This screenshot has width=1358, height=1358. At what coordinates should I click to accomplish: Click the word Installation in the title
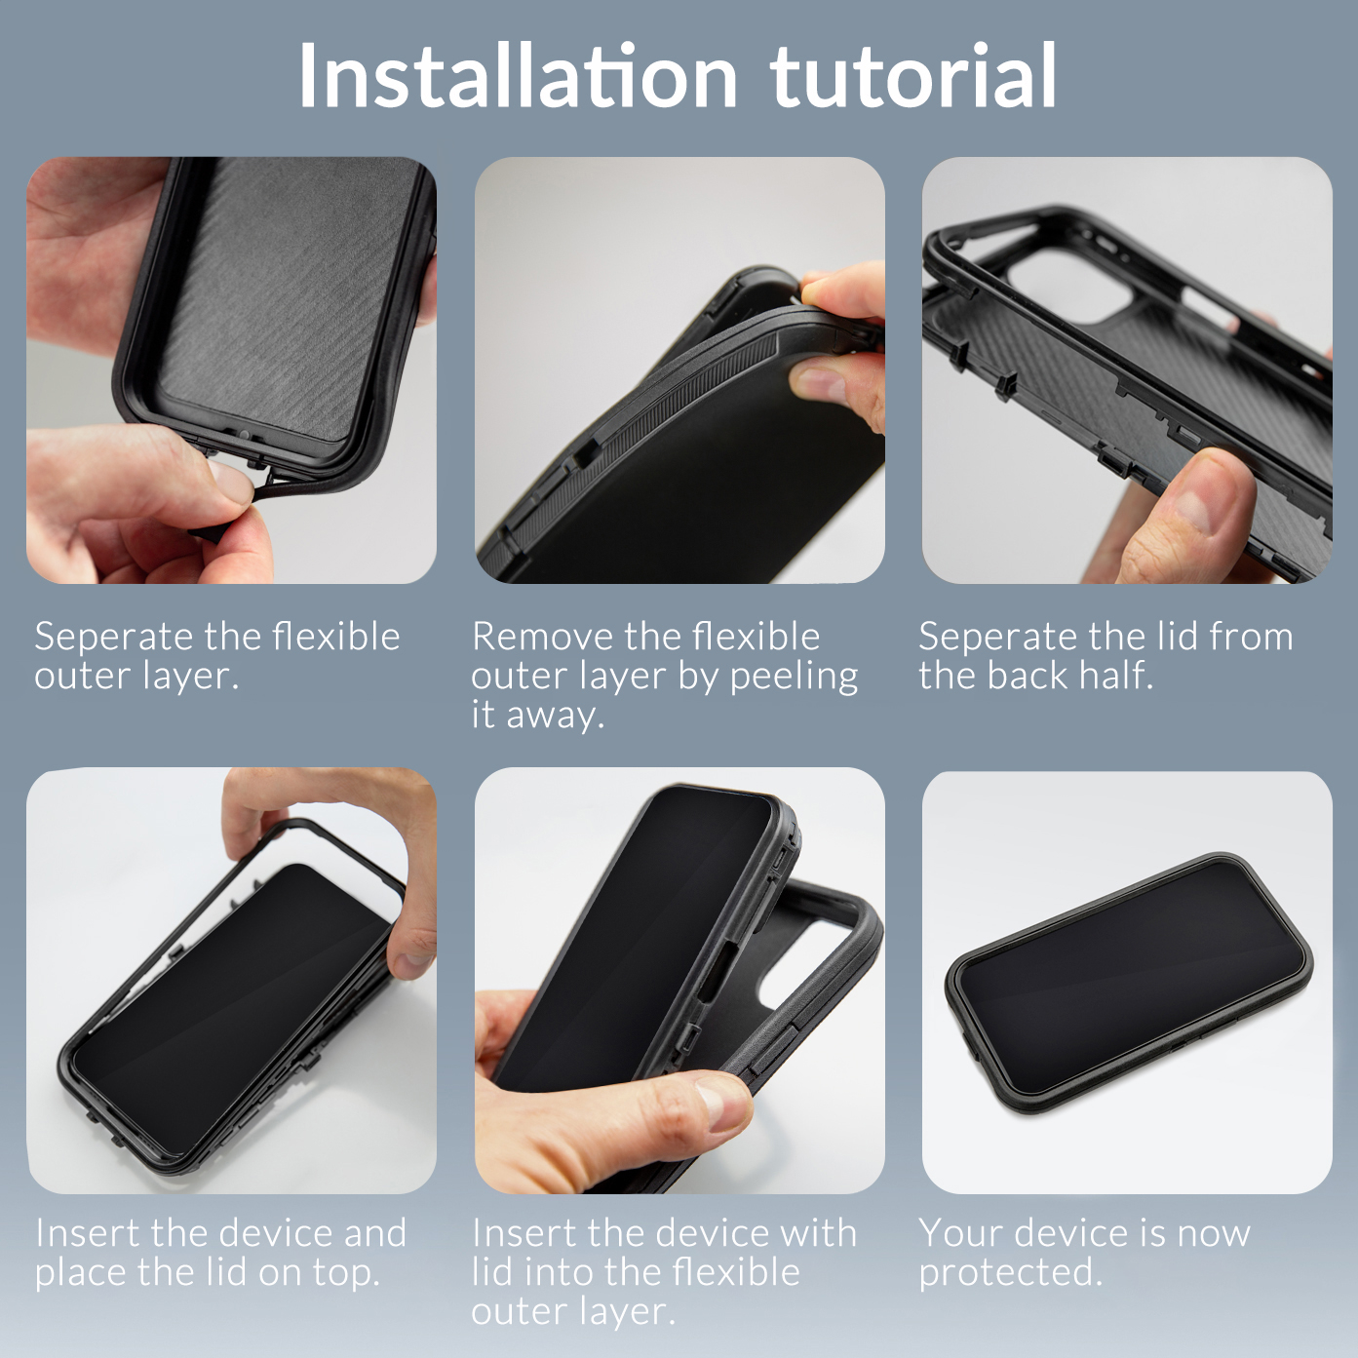(x=517, y=76)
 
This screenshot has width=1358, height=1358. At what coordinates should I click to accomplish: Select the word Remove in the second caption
(x=542, y=637)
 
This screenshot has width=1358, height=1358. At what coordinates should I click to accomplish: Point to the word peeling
(x=794, y=677)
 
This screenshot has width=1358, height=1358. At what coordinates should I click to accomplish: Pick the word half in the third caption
(x=1109, y=676)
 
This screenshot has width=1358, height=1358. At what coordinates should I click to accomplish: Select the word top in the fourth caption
(x=345, y=1273)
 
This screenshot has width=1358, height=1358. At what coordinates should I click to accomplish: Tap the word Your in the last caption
(x=959, y=1233)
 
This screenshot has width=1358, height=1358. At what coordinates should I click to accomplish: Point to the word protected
(x=1010, y=1273)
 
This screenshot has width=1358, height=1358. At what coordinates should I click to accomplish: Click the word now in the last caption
(x=1213, y=1233)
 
